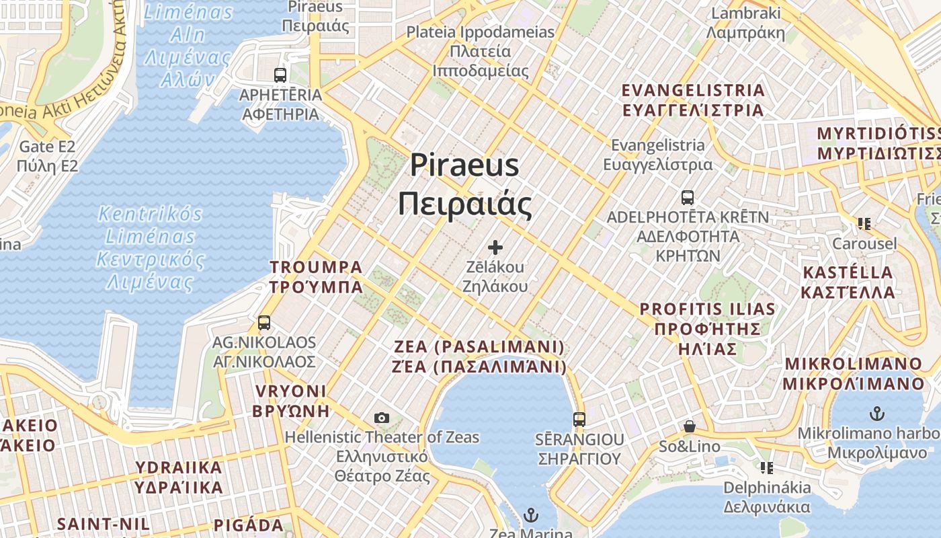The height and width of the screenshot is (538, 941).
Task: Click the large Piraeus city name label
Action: (x=464, y=184)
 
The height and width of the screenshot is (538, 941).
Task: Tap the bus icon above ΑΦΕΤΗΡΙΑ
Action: (x=280, y=75)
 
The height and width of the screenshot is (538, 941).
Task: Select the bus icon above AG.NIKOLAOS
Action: (x=264, y=322)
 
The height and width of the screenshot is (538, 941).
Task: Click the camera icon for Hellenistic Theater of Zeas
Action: (x=382, y=418)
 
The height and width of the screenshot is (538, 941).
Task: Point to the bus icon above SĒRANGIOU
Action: (x=579, y=420)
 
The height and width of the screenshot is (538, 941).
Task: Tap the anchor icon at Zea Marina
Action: (x=531, y=516)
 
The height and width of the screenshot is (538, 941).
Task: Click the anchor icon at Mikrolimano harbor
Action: (x=876, y=413)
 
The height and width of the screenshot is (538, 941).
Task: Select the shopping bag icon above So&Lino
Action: (x=689, y=426)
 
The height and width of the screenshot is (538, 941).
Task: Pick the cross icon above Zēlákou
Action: (x=495, y=247)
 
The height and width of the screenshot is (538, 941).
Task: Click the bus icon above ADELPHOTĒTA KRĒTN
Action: (x=687, y=198)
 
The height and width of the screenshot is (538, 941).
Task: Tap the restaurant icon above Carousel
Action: (x=864, y=223)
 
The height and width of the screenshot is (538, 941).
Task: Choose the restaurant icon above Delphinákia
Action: (x=766, y=467)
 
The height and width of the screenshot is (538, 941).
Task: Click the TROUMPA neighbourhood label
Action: (x=316, y=277)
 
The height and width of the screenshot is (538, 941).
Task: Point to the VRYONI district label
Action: (x=291, y=401)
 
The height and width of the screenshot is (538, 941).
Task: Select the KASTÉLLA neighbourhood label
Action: (x=848, y=282)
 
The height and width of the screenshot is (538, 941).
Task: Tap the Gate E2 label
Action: (x=47, y=156)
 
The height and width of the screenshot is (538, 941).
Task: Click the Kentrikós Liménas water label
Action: (x=151, y=247)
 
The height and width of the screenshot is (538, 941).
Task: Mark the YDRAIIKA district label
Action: (x=179, y=477)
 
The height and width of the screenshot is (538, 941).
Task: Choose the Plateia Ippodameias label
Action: (x=481, y=51)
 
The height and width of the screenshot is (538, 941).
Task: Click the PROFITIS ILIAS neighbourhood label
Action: (x=707, y=329)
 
